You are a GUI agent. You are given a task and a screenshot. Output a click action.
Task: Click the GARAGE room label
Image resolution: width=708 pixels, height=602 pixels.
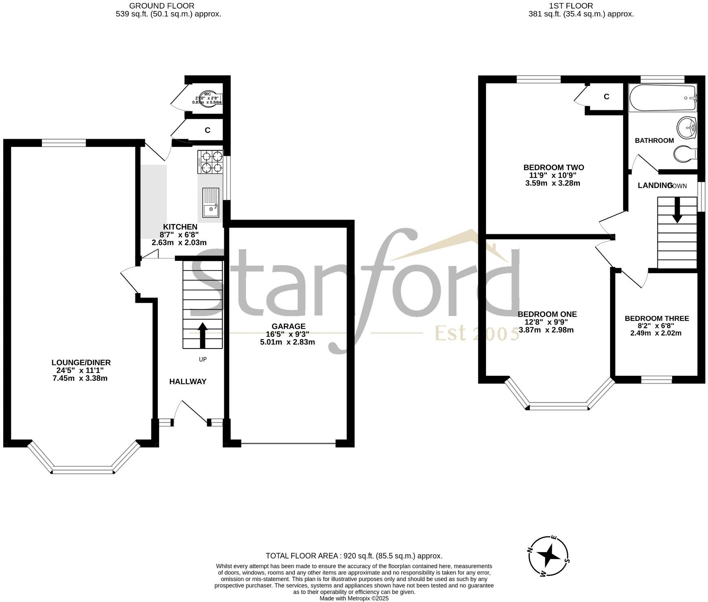288,326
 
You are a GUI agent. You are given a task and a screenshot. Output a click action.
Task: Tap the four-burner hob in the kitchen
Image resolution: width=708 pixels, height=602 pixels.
210,162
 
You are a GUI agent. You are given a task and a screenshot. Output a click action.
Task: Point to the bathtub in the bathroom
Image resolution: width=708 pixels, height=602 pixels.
663,98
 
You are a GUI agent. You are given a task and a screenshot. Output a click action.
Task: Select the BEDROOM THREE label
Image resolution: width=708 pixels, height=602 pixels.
657,318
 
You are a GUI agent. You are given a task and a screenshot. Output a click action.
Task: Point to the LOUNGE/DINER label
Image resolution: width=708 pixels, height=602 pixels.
81,362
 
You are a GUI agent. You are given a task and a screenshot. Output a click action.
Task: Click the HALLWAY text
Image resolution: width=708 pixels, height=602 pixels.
188,382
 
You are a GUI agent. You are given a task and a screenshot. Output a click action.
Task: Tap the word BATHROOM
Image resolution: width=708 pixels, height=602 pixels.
654,140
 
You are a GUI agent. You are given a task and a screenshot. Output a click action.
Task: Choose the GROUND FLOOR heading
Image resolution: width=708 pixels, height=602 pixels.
162,6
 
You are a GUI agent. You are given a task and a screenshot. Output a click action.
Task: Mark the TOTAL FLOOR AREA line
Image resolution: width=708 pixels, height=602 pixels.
354,555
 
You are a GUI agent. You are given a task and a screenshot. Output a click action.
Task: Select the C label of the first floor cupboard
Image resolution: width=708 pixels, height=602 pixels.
606,97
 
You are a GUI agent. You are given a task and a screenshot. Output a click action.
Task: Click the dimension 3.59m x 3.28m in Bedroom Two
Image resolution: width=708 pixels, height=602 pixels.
553,183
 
